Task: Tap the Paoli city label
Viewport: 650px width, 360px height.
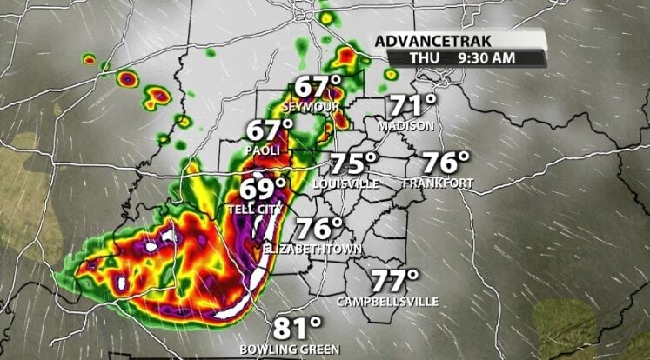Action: point(262,150)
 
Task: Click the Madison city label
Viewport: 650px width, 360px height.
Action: point(405,126)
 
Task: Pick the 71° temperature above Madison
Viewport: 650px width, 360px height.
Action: point(412,107)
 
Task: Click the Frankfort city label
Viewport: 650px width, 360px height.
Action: point(438,183)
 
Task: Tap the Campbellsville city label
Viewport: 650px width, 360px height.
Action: point(387,302)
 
